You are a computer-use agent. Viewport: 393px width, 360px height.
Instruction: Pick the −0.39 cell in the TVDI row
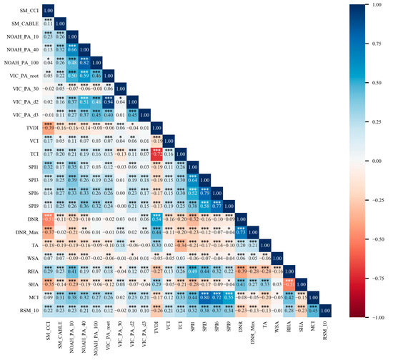47,127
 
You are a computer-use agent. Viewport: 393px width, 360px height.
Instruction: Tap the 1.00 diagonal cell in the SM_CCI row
47,10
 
